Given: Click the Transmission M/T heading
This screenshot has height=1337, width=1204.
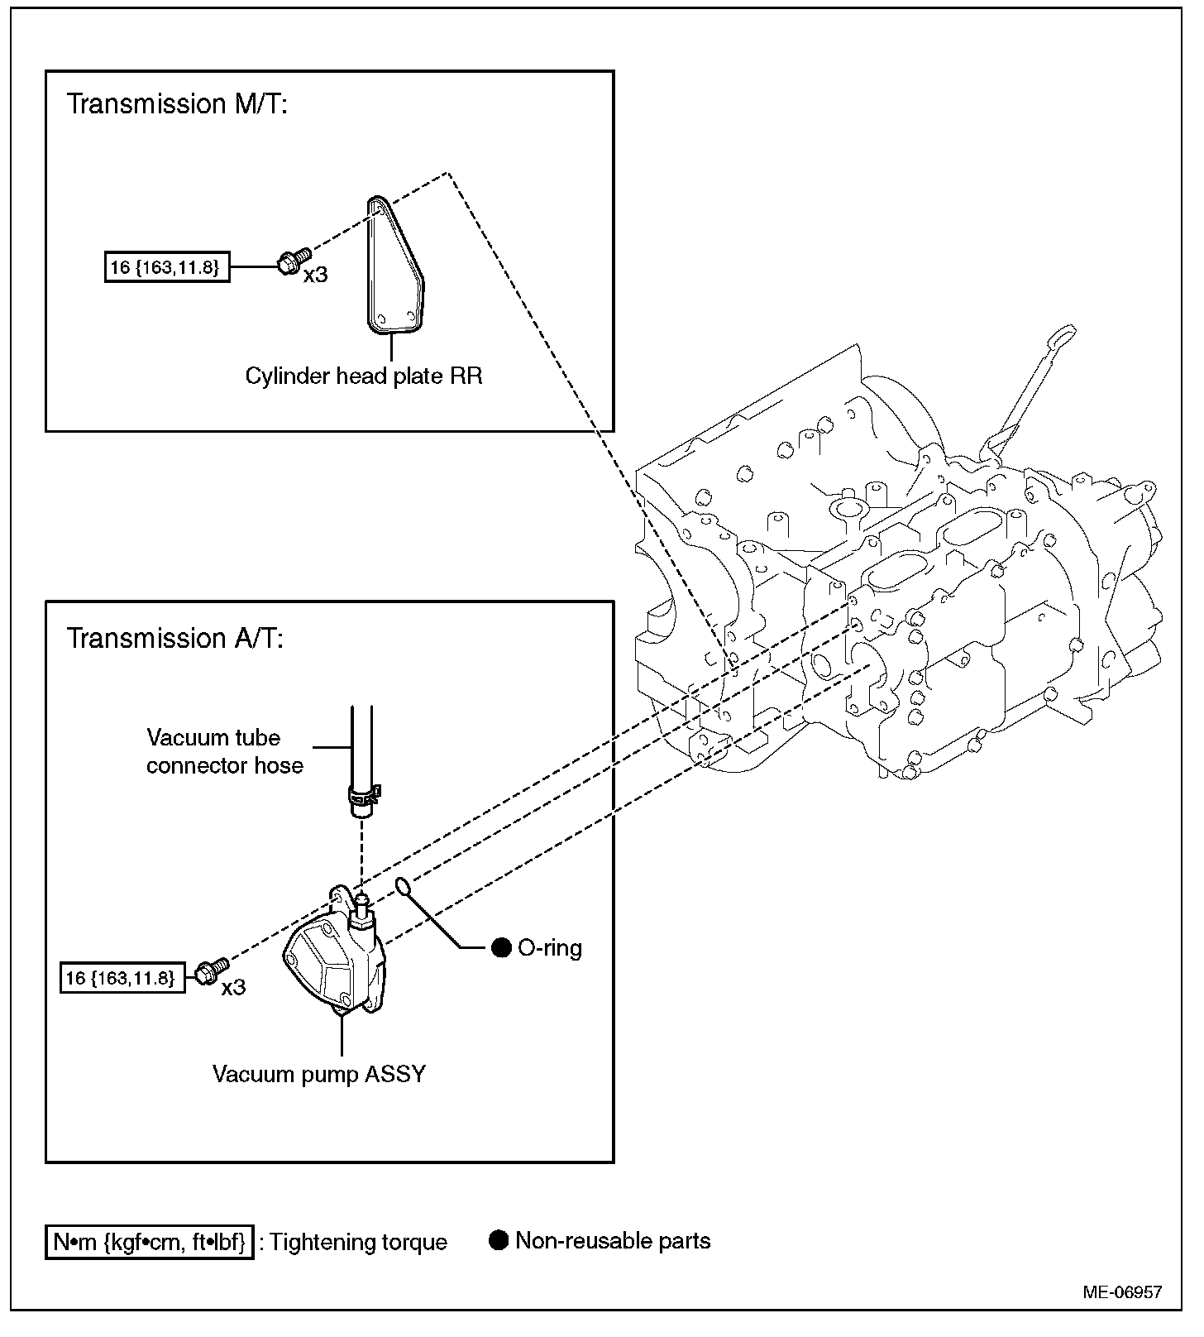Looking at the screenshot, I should pos(176,104).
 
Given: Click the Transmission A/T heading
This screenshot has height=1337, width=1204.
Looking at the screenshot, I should pos(174,639).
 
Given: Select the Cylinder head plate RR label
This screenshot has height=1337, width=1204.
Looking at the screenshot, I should pos(364,376).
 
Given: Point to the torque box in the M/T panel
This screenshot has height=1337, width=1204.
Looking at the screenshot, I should pos(166,267).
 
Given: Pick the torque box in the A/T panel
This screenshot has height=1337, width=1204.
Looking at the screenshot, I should pos(122,978).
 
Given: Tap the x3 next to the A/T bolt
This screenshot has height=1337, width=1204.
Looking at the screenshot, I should pos(233,988).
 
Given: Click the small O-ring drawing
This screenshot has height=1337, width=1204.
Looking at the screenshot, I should pos(404,887).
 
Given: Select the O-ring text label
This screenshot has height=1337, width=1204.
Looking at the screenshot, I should pos(550,948).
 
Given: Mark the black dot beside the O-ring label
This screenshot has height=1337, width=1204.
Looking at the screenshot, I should pos(501,948).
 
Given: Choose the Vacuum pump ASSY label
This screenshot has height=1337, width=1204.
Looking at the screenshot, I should pos(319,1075).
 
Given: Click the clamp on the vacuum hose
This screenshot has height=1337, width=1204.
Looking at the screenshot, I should pos(362,796).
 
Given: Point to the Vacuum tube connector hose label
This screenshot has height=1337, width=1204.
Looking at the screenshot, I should pos(224,751).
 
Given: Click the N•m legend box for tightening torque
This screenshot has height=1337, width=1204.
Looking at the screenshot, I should pos(149,1243).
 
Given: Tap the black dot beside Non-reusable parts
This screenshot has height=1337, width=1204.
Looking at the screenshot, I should pos(499,1241).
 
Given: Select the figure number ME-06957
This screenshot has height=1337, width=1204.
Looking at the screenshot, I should pos(1122,1292).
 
